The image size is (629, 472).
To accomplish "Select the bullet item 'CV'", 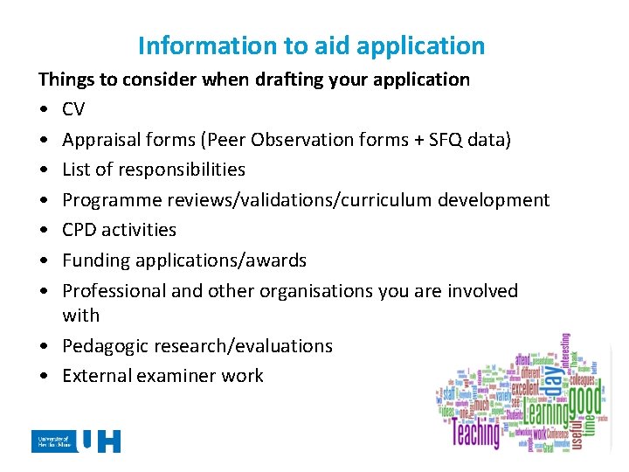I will (x=74, y=109).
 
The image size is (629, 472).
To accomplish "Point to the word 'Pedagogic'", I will (x=105, y=346).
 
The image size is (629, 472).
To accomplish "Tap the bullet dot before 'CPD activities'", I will (x=43, y=231).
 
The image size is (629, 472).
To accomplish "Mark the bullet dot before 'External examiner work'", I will (x=43, y=377).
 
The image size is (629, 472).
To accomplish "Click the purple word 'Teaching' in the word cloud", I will (x=476, y=431).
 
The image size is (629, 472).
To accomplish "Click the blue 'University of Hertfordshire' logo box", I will (x=52, y=441).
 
